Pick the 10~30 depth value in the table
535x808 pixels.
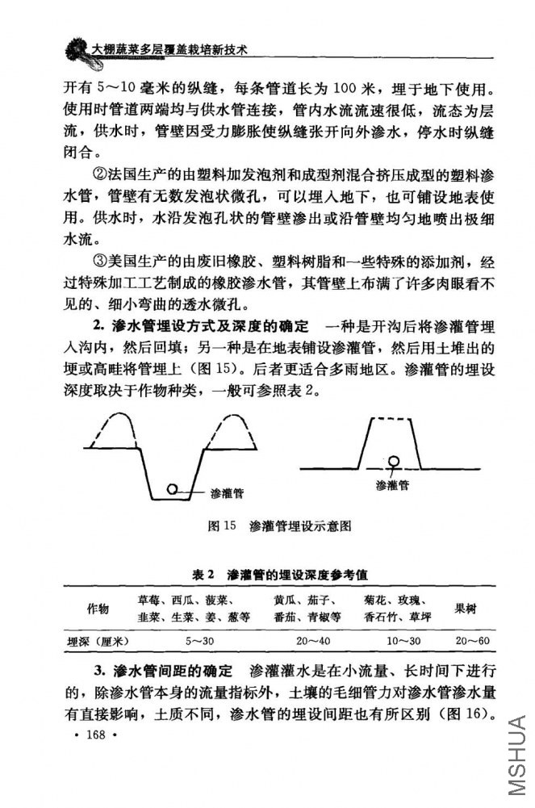point(403,641)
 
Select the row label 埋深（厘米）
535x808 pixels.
point(98,641)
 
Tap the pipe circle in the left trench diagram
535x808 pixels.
point(172,488)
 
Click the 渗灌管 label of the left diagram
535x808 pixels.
point(226,492)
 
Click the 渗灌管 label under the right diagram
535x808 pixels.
point(392,485)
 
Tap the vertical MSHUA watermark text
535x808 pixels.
point(516,755)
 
